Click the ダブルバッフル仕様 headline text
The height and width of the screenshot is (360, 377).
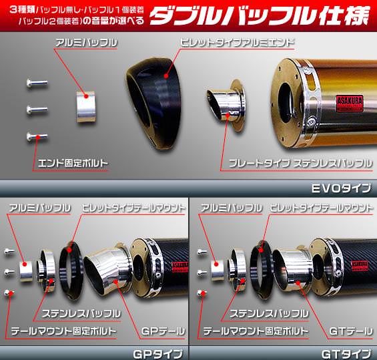[x=259, y=16]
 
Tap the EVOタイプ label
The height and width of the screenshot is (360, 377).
[x=341, y=188]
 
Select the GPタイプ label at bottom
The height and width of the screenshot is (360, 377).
[x=157, y=354]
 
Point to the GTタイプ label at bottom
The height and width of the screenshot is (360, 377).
[x=346, y=354]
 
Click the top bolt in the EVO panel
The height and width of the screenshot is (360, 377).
[x=37, y=83]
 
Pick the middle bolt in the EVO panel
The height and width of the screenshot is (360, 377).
[x=37, y=110]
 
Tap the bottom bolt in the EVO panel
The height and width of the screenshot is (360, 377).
[x=37, y=137]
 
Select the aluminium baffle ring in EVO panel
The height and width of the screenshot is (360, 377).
[x=86, y=107]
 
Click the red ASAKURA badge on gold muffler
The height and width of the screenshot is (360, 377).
[x=350, y=104]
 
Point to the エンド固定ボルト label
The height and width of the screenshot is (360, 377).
[x=73, y=164]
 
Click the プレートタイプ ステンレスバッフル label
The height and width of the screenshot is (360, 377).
[x=300, y=164]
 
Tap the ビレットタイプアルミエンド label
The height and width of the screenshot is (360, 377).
[x=237, y=42]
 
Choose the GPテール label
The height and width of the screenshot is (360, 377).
[x=163, y=331]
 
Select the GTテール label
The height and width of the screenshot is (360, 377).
[x=350, y=331]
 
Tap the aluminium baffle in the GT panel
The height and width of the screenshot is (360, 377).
[x=218, y=271]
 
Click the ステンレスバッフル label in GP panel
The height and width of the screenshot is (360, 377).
[x=81, y=313]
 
